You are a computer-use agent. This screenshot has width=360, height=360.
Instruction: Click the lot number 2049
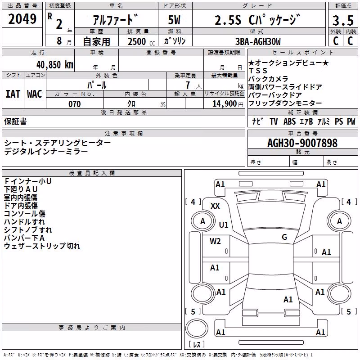22,19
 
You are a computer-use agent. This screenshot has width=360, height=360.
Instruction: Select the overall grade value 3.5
343,20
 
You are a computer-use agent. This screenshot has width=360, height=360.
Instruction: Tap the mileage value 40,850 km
54,65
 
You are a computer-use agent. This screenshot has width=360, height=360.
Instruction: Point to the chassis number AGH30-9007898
302,143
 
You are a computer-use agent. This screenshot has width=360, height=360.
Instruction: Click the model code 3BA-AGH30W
258,41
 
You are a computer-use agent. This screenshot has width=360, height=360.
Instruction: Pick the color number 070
75,104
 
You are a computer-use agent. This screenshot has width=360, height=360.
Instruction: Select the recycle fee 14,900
225,104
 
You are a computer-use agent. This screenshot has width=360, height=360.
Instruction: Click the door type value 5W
174,20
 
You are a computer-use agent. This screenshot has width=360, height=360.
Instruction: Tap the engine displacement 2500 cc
141,41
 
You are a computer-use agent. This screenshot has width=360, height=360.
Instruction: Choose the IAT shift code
13,94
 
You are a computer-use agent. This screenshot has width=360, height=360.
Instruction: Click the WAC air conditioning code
35,94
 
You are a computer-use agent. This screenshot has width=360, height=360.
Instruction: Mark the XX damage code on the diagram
215,206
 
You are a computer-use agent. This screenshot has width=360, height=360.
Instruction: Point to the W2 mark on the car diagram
215,241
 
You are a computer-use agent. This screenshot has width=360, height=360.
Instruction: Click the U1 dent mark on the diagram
224,225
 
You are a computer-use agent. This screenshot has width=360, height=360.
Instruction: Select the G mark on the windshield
284,237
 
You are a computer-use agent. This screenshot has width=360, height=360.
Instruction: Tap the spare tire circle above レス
197,328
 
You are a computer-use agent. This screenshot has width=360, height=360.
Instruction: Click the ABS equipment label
289,121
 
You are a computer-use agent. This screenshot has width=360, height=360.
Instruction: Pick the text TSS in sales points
258,71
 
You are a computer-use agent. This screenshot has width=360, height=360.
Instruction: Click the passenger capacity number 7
188,85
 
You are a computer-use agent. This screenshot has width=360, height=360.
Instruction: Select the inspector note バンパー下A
24,238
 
